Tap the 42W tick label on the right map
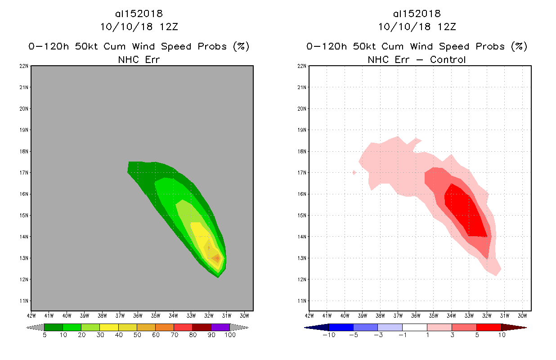click(x=309, y=315)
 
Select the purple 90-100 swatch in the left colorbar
click(x=220, y=327)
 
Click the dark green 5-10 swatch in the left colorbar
click(x=54, y=327)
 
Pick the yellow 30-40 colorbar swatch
click(x=109, y=327)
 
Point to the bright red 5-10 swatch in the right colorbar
click(x=489, y=327)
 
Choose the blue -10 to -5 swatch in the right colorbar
click(x=341, y=327)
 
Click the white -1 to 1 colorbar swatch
click(x=415, y=327)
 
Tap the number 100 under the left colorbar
click(x=230, y=335)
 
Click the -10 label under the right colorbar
click(x=329, y=335)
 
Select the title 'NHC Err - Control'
click(x=417, y=59)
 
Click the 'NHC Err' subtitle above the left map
click(x=139, y=59)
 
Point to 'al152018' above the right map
click(x=417, y=13)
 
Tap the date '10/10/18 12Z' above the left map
click(x=139, y=27)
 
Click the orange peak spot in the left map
click(x=217, y=258)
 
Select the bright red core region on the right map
click(x=466, y=214)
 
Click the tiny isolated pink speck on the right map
click(x=354, y=172)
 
